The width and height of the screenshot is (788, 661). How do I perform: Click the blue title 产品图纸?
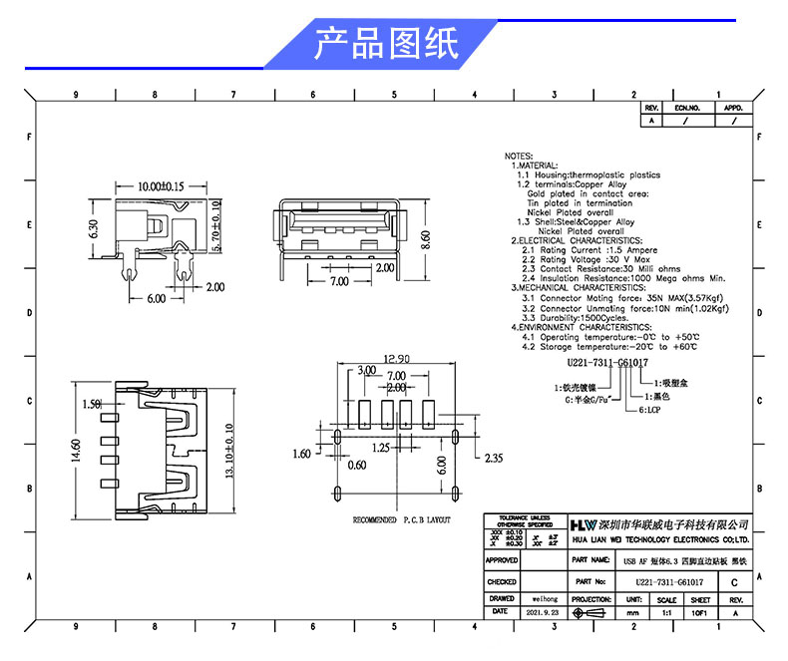[x=386, y=45]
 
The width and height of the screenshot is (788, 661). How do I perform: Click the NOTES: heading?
[x=519, y=157]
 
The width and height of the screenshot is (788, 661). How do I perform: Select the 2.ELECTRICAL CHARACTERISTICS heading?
[x=577, y=240]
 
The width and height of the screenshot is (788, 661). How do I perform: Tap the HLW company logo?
[x=583, y=524]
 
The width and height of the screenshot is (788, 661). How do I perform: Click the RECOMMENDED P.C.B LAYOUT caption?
[x=401, y=520]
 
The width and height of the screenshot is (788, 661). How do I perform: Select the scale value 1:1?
[x=665, y=613]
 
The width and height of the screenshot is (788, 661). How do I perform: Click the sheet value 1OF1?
[x=700, y=613]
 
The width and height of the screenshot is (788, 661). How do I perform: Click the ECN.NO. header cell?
[x=688, y=108]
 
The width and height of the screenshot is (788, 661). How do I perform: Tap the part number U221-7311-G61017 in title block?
[x=669, y=581]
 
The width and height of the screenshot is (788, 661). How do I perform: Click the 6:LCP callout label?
[x=649, y=410]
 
